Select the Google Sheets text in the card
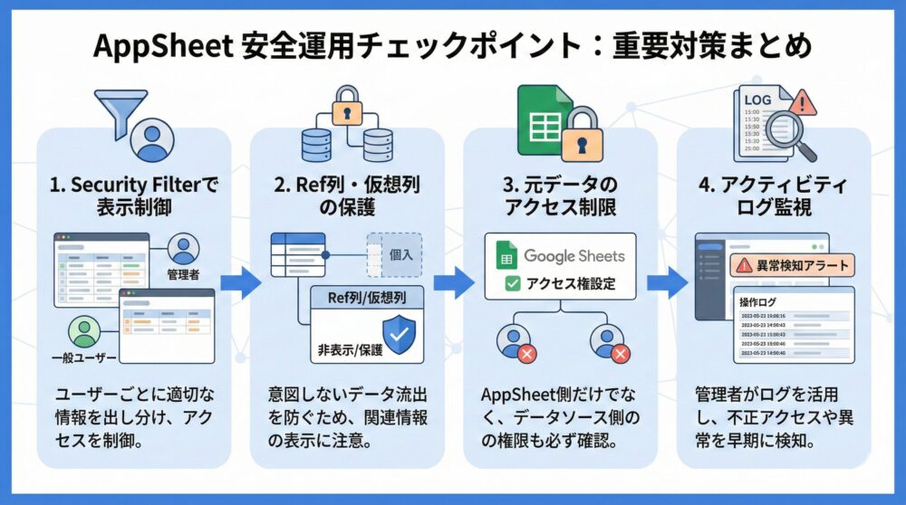click(x=573, y=256)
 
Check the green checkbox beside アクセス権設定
click(x=512, y=283)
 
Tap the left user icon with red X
click(x=514, y=341)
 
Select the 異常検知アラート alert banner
click(x=794, y=265)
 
